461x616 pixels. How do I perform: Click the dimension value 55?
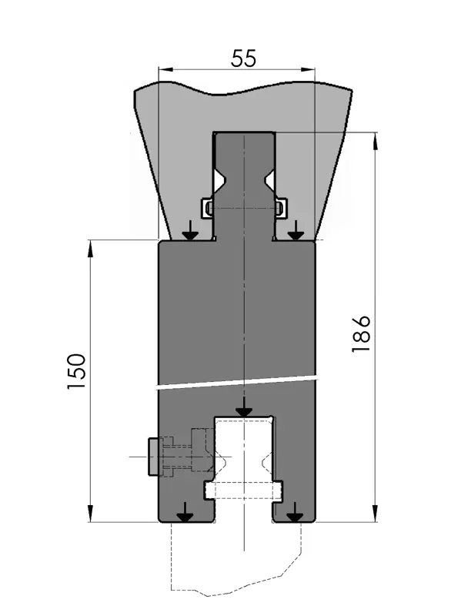coord(243,59)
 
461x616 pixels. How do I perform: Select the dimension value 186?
coord(361,333)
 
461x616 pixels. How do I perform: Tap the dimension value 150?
coord(76,371)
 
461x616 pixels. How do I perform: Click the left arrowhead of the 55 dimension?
coord(165,70)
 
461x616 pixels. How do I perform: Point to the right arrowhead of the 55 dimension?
coord(308,70)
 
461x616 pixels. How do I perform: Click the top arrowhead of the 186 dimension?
coord(376,140)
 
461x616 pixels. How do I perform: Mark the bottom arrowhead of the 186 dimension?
coord(376,514)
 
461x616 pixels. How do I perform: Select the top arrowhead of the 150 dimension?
coord(90,248)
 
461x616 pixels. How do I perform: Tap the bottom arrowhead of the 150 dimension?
coord(90,514)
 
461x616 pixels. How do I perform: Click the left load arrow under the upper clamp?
coord(191,230)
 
